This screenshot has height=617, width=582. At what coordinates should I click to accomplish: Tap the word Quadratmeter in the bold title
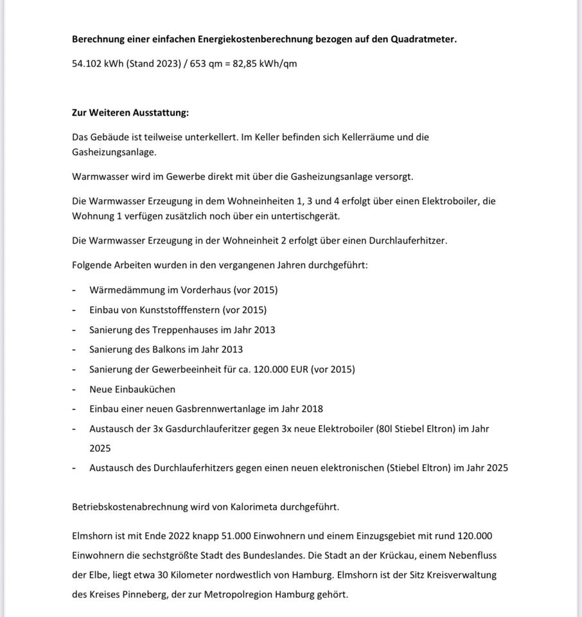[423, 39]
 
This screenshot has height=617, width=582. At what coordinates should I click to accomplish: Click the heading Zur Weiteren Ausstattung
[130, 112]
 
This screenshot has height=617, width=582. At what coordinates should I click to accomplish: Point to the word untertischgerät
[305, 216]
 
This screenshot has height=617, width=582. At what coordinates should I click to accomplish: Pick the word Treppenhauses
[184, 330]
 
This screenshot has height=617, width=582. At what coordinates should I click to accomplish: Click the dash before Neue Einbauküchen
[75, 389]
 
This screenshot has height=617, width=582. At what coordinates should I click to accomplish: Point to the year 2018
[312, 409]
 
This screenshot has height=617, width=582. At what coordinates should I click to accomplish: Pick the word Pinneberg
[142, 595]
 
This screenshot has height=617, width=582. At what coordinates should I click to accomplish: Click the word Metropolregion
[238, 595]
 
